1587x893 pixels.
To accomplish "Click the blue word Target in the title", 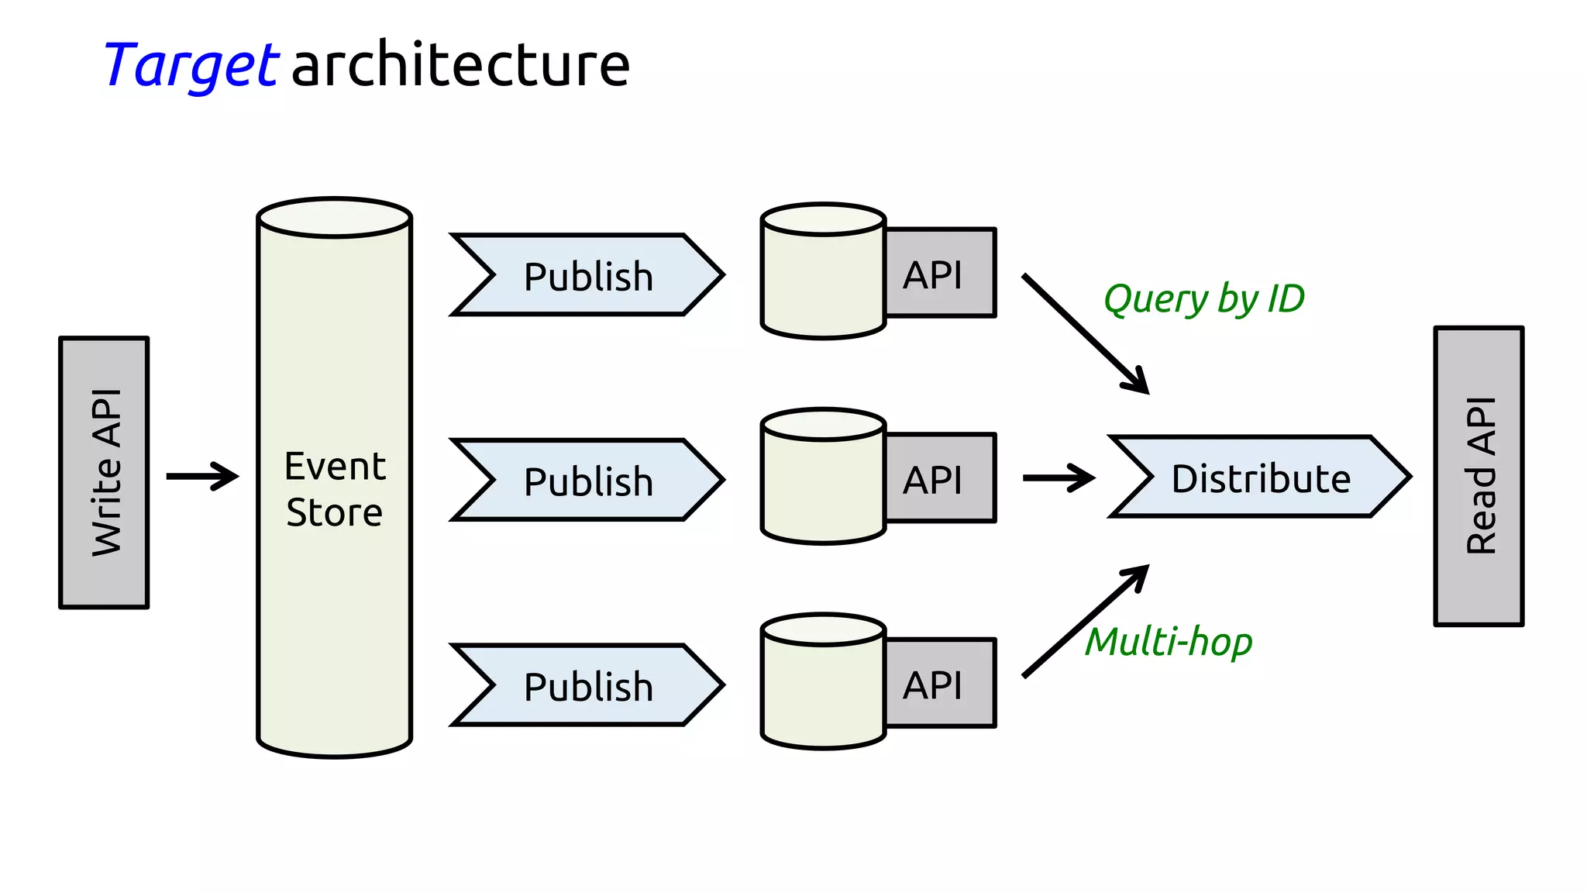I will coord(191,65).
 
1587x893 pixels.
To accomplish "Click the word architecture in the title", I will coord(460,65).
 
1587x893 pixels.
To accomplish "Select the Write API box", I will coord(104,472).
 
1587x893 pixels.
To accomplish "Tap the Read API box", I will coord(1479,475).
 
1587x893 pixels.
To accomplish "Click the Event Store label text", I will coord(335,489).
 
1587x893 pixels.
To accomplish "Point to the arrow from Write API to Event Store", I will coord(202,476).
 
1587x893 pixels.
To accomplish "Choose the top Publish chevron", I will coord(587,275).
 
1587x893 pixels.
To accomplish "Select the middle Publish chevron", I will coord(587,480).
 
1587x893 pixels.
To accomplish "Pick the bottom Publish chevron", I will coord(587,685).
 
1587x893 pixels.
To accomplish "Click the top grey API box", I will coord(939,274).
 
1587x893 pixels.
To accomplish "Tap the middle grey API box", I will coord(939,478).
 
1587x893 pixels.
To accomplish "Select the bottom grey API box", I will coord(939,684).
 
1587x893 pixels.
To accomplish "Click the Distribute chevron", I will coord(1260,477).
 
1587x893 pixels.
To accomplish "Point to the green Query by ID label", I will coord(1203,299).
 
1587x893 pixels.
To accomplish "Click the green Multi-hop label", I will coord(1168,642).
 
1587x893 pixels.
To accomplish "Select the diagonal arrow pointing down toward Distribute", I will coord(1085,333).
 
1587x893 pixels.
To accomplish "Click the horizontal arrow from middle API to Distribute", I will coord(1058,478).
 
